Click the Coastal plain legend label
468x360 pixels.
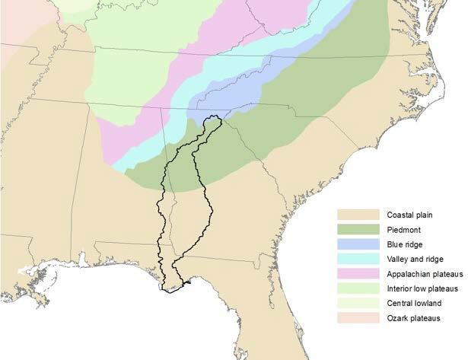[409, 215]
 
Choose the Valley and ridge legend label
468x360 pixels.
[414, 259]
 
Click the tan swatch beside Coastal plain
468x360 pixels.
[359, 215]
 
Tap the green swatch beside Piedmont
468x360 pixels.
[359, 229]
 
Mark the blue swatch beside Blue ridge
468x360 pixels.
[359, 244]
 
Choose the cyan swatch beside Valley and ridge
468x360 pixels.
[359, 259]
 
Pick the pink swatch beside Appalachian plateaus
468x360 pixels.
[359, 273]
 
